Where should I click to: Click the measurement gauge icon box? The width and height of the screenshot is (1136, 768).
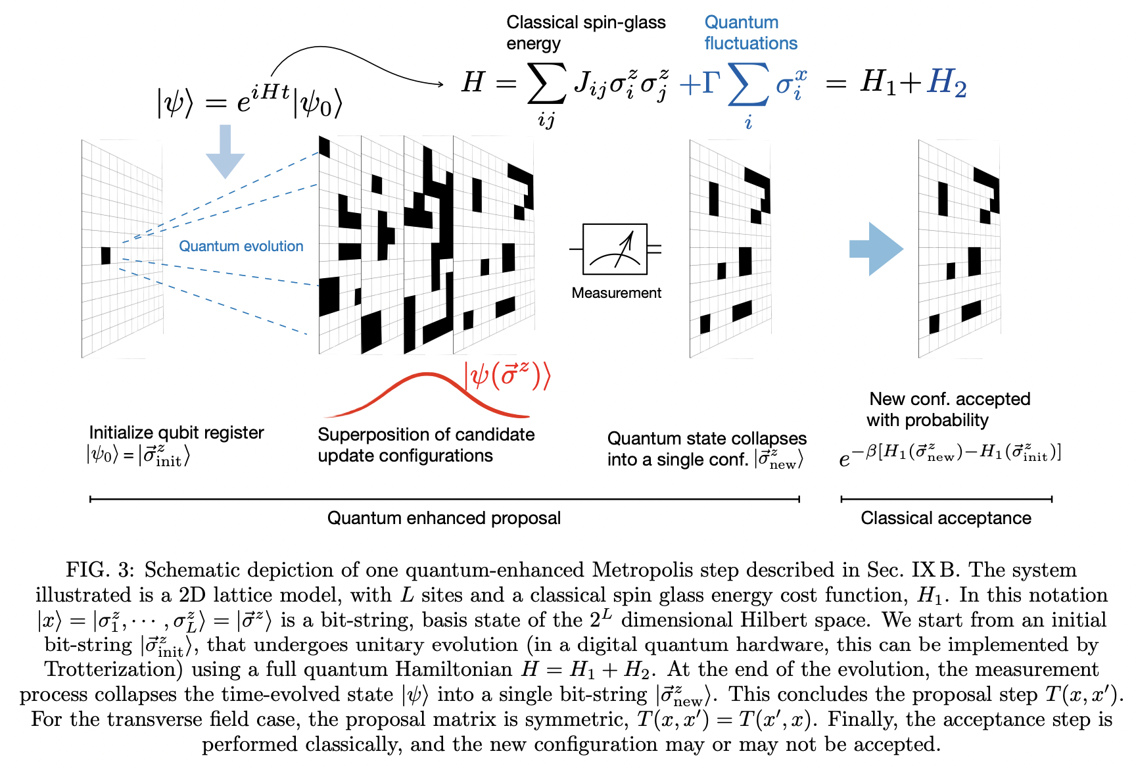(x=615, y=249)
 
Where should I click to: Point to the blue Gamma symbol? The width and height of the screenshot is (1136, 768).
(x=711, y=84)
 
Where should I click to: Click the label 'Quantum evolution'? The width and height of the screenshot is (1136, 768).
(x=241, y=246)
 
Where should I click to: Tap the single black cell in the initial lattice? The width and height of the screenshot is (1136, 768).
(x=106, y=255)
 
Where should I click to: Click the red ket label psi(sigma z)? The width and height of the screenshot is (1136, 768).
(x=507, y=376)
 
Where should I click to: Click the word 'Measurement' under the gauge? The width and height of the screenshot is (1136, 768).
(x=616, y=293)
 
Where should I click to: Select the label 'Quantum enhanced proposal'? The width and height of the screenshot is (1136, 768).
(x=444, y=518)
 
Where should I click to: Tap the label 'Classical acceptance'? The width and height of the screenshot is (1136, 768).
(x=945, y=518)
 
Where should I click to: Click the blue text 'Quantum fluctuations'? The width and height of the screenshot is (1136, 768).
(x=750, y=33)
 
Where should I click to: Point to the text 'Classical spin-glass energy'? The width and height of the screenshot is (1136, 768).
(x=585, y=32)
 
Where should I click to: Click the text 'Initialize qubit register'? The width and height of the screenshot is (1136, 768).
(x=176, y=433)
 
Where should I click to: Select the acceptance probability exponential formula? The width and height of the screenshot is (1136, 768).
(x=949, y=454)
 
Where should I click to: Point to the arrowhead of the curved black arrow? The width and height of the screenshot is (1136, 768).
(x=440, y=84)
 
